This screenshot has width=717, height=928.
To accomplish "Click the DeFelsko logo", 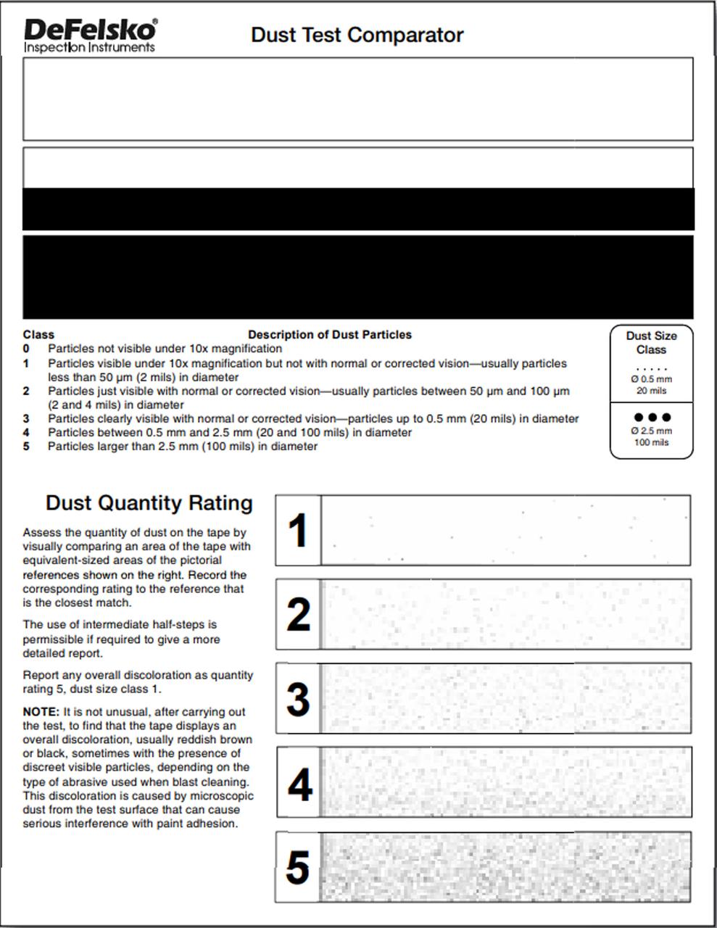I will coord(90,30).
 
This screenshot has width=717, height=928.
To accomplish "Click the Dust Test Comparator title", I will coord(357,35).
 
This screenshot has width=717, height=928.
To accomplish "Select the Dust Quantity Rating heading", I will coord(149,503).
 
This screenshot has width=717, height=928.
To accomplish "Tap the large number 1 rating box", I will coord(298,531).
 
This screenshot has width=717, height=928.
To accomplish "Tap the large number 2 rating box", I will coord(298,615).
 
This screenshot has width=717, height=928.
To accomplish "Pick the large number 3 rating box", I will coord(298,699).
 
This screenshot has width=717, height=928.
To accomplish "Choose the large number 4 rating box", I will coord(299,784).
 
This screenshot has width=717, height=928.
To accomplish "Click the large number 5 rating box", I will coord(298,867).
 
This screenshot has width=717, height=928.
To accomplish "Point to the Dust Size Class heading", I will coord(651,342).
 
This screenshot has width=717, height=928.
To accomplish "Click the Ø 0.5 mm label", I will coord(651,379).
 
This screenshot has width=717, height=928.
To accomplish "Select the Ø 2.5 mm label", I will coord(651,431).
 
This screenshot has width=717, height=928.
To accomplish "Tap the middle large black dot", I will coord(652,418).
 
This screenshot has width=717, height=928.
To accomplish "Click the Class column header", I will coord(38,335).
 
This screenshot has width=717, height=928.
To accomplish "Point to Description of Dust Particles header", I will coord(330,335).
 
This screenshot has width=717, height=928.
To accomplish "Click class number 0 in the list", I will coord(26,349).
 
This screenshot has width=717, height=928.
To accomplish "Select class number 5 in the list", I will coord(26,447).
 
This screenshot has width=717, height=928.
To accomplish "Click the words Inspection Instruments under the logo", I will coord(89,48).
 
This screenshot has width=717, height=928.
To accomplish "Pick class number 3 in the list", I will coord(26,419).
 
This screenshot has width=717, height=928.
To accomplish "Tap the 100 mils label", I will coord(651,442).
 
